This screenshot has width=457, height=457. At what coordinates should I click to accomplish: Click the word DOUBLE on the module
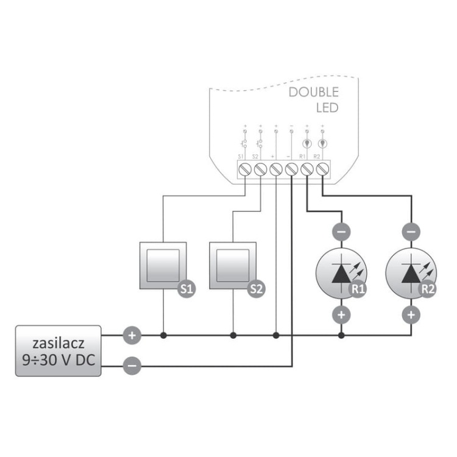click(313, 93)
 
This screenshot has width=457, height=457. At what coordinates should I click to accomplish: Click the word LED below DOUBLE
click(327, 109)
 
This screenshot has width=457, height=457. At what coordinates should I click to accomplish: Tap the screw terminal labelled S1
click(243, 168)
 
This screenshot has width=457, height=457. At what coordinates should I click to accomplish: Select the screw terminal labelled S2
click(259, 168)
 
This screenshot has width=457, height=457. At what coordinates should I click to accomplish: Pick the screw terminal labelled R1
click(306, 168)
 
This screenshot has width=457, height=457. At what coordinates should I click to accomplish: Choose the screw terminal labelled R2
click(321, 168)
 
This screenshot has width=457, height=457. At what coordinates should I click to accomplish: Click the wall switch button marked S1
click(163, 264)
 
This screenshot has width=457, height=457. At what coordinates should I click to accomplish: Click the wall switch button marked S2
click(232, 264)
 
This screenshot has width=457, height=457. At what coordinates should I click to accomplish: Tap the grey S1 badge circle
click(186, 289)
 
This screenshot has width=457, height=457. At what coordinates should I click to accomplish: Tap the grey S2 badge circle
click(257, 289)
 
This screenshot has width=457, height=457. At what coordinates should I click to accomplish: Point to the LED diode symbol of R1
click(340, 272)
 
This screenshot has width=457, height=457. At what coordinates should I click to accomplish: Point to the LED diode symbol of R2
click(410, 272)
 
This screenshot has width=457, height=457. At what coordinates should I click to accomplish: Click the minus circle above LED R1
click(341, 232)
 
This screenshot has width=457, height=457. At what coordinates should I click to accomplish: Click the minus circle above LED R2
click(411, 232)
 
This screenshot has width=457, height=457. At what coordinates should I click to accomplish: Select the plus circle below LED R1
click(341, 314)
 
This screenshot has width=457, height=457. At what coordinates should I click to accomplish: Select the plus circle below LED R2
click(411, 314)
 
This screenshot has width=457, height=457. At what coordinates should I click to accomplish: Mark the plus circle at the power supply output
click(132, 335)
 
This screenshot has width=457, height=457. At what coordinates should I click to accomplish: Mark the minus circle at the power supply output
click(132, 366)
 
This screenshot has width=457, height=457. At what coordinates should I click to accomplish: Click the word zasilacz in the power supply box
click(58, 341)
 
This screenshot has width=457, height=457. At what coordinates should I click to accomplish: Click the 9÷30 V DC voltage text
click(58, 360)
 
